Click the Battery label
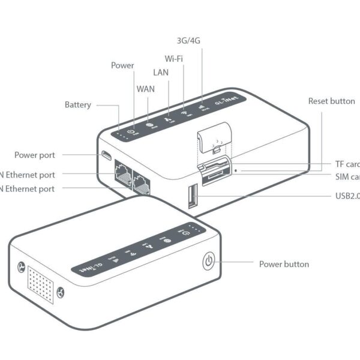77,105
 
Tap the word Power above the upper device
122,65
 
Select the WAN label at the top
146,89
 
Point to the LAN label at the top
160,73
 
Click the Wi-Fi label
174,59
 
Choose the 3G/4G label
189,41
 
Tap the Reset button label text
331,101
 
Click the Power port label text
35,155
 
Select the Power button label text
284,264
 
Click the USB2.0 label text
347,196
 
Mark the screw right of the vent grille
60,293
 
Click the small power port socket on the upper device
106,156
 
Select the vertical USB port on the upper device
191,196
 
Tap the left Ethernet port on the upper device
122,174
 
